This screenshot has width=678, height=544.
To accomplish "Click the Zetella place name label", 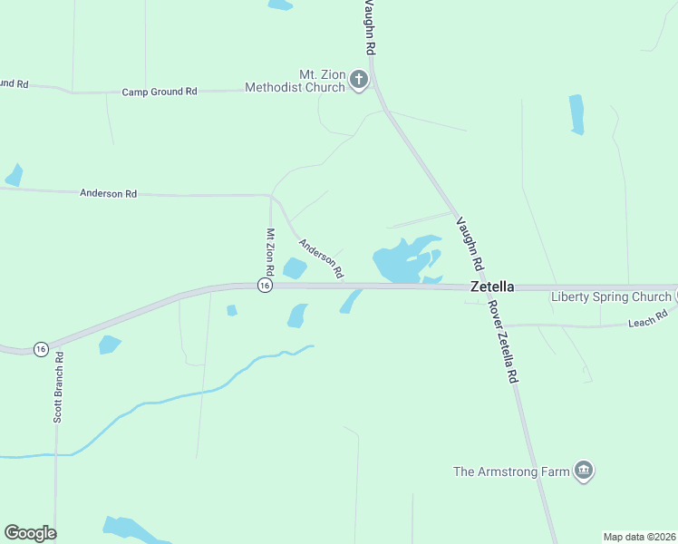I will coord(492,287).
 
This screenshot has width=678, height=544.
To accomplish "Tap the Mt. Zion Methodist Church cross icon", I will coord(359,80).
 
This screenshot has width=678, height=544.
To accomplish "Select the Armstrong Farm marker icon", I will coord(585,470).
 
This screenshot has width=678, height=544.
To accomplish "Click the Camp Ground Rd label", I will coord(160,92).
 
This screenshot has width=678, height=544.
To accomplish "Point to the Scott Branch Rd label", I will coord(59,387).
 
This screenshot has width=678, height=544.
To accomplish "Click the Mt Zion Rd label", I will coord(269,252).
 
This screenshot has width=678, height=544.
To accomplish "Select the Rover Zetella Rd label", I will coord(504,341).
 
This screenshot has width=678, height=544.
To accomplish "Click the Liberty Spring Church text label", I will coord(610,297).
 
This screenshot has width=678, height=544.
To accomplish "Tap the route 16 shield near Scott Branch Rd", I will coord(41,349).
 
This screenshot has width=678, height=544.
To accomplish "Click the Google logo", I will coord(30,533).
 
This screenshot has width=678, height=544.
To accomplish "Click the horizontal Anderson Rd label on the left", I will coord(108,193).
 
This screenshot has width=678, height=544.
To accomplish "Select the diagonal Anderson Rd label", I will coord(322,257).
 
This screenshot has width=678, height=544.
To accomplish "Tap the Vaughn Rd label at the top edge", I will coord(368,24).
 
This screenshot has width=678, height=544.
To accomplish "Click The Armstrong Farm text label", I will coord(512,471).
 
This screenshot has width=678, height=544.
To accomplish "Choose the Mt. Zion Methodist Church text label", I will coord(297,81).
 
